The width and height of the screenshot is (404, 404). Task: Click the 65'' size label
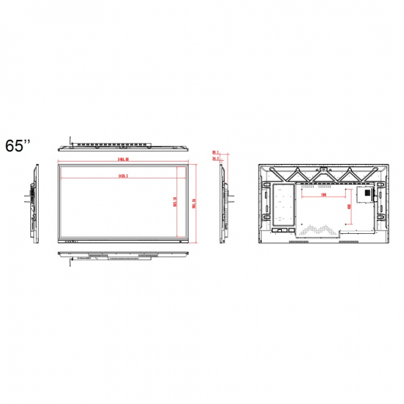pos(18,145)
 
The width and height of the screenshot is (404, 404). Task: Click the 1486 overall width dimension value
pos(122,158)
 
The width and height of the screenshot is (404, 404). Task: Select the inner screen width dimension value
pos(122,177)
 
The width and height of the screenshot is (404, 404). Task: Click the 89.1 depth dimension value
pos(215,153)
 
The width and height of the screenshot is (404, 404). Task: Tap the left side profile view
pos(33,204)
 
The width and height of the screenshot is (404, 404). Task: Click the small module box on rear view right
pos(364,193)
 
